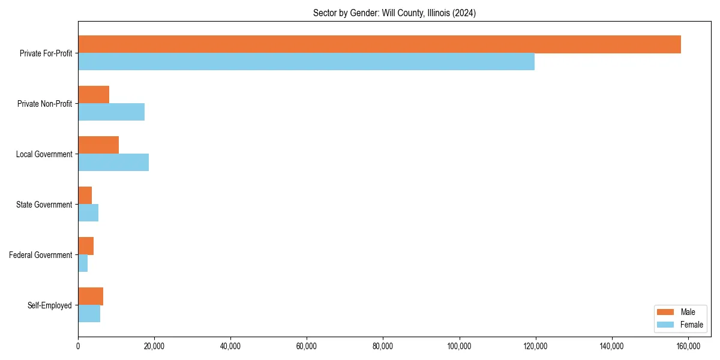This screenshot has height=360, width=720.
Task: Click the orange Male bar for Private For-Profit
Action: coord(379,44)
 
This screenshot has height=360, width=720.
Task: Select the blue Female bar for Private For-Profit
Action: coord(306,62)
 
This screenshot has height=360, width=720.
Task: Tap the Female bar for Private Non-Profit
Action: coord(111,112)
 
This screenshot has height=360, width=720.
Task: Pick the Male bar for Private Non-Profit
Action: coord(94,95)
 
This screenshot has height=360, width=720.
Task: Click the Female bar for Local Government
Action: coord(113,163)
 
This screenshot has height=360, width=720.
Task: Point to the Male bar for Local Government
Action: coord(98,145)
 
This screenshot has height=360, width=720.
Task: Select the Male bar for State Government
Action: coord(85,196)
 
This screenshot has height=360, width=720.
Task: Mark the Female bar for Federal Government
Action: coord(83,263)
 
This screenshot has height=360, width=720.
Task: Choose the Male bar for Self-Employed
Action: coord(91,296)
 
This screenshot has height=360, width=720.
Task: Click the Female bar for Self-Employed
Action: coord(89,314)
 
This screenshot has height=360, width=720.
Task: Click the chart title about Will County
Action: coord(394,13)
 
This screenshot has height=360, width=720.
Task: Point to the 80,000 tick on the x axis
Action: coord(383,346)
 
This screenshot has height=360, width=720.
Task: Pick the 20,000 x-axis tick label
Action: coord(154,346)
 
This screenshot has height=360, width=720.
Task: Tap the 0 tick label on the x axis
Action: coord(78,346)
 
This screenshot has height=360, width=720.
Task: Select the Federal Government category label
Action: coord(41,255)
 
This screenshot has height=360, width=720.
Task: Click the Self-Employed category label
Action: coord(50,305)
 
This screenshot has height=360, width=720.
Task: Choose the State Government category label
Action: coord(44,205)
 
